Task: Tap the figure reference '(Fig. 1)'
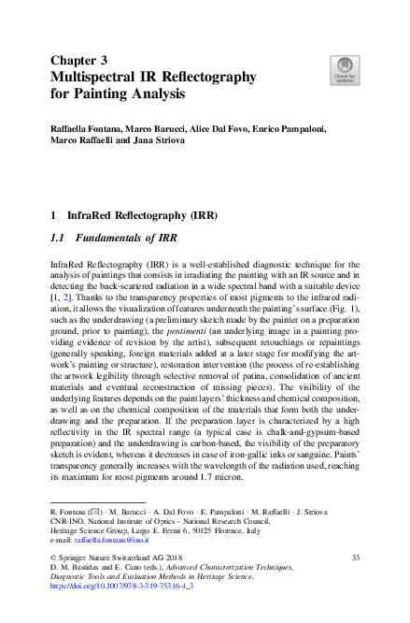tap(340, 307)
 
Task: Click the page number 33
tap(355, 558)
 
